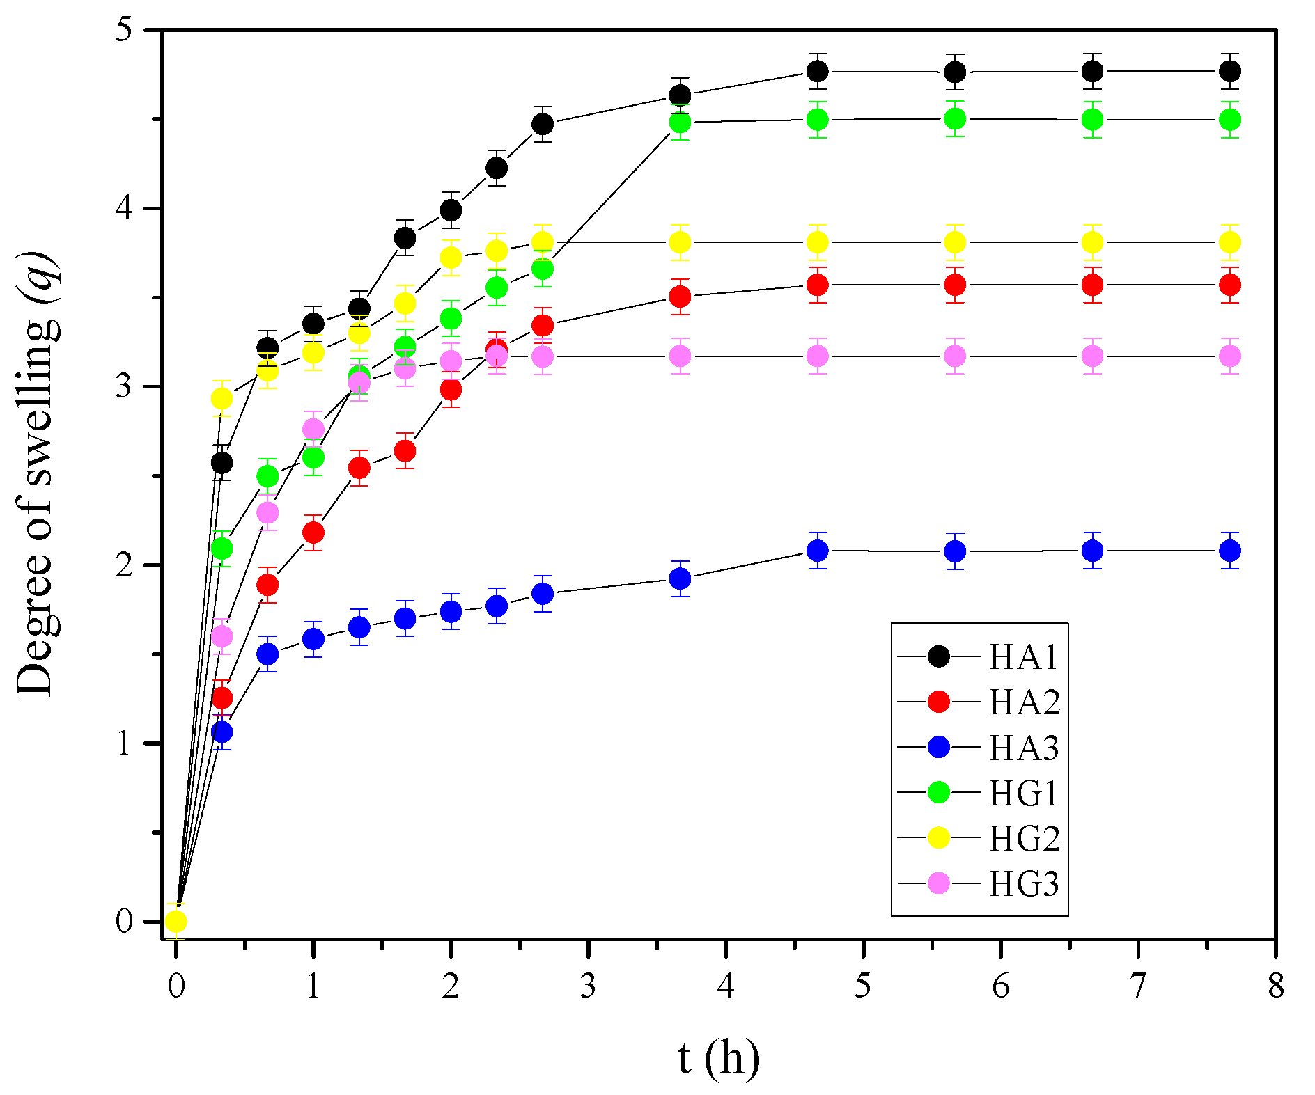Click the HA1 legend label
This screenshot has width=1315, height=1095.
point(1023,657)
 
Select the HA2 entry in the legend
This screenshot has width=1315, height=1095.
point(1024,702)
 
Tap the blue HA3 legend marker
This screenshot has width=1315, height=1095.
point(939,748)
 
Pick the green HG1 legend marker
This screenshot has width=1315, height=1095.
point(939,793)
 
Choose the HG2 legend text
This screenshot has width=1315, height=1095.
point(1024,838)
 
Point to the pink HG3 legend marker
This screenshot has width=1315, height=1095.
point(939,884)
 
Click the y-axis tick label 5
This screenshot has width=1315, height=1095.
point(124,32)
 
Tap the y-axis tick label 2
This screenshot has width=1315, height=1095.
point(124,565)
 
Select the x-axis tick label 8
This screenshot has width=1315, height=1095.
point(1275,986)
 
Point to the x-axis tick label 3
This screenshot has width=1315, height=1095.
point(589,986)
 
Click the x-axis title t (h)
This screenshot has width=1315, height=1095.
point(718,1058)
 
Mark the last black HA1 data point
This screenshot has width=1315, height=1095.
point(1230,72)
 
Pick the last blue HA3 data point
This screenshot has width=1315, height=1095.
point(1230,551)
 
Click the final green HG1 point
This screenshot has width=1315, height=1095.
point(1230,120)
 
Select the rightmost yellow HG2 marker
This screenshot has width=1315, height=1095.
point(1230,242)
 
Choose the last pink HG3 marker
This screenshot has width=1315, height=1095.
point(1230,356)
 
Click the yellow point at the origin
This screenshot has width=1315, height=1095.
point(176,922)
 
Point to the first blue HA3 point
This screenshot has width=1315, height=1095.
point(221,732)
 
